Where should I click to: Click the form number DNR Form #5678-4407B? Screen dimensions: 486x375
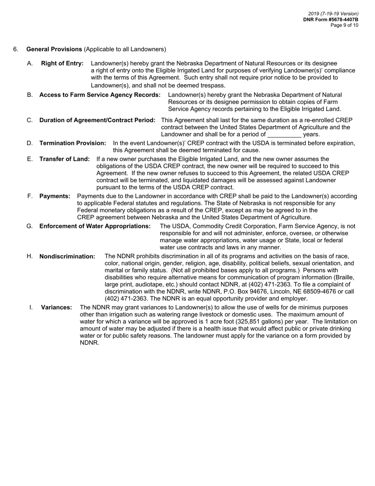(331, 19)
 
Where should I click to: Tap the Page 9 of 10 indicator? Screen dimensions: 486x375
(344, 25)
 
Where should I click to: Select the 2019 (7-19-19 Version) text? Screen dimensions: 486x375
(333, 14)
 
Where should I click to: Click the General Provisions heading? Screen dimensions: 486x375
(54, 49)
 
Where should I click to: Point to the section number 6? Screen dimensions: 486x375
(15, 49)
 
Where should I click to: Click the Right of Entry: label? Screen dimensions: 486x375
(62, 63)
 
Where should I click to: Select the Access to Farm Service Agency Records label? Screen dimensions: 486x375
(100, 95)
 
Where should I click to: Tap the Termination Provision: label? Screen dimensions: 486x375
(73, 143)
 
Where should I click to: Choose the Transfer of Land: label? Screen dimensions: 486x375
(65, 159)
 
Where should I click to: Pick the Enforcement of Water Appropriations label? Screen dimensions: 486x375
(95, 226)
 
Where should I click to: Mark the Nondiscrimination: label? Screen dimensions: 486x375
(67, 256)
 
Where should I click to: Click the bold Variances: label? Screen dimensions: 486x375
(56, 307)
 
